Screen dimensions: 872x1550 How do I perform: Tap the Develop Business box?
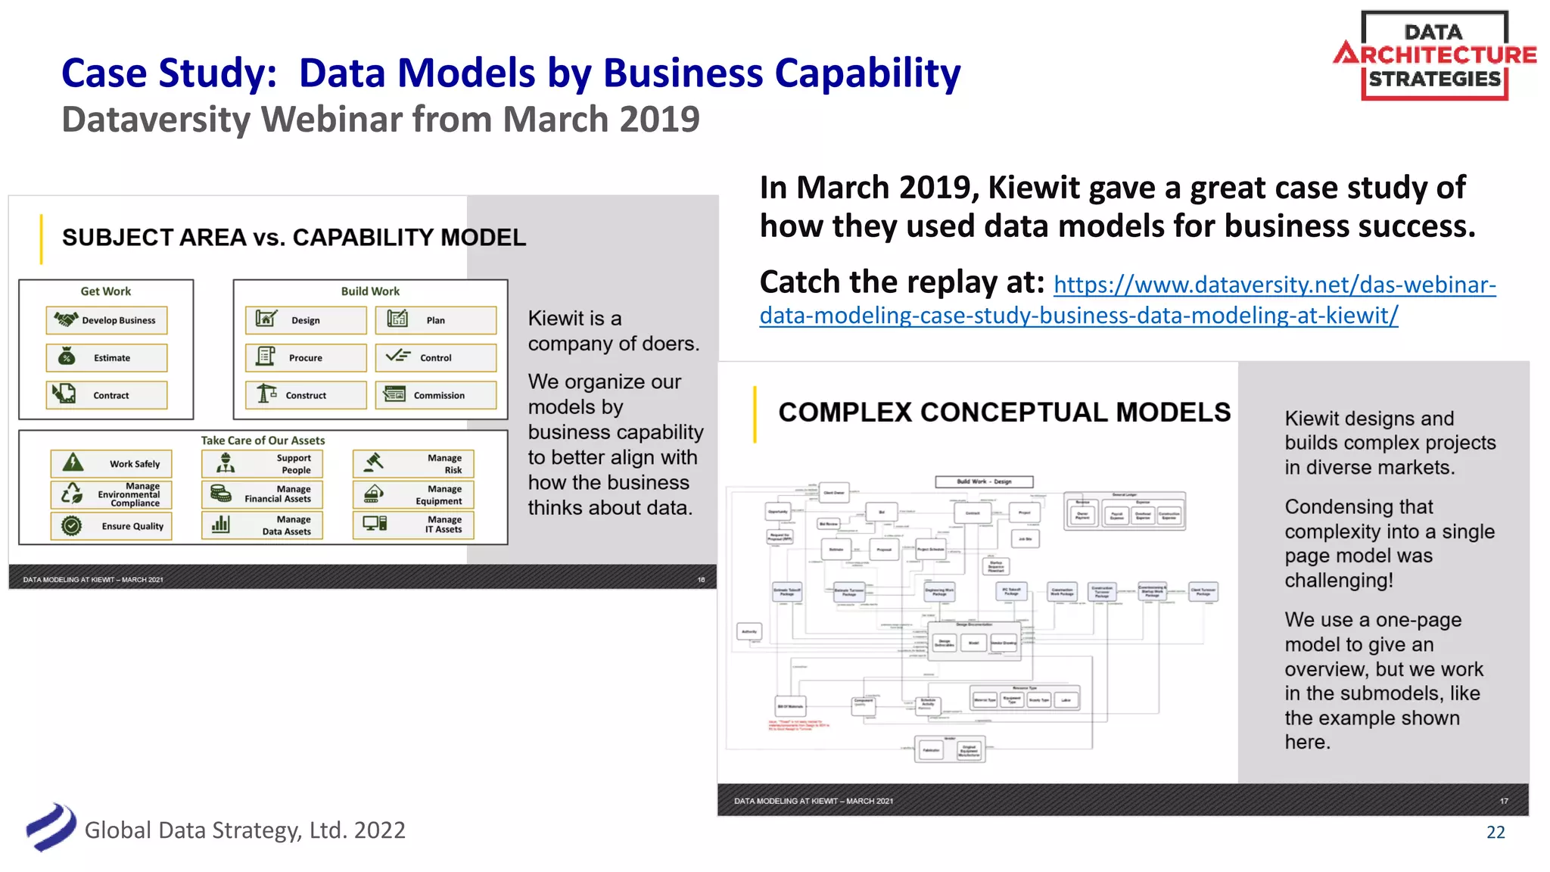pos(107,320)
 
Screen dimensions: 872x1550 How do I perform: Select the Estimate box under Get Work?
pos(107,358)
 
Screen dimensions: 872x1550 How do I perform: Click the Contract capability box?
pos(107,395)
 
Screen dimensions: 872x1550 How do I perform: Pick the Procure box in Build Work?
pos(306,358)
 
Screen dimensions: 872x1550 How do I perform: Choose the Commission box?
pos(436,395)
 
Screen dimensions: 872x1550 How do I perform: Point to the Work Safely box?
pos(111,464)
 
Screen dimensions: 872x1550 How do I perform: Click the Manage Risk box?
pos(413,464)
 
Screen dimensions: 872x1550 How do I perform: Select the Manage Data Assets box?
pos(262,525)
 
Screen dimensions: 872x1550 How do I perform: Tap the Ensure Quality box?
pos(111,526)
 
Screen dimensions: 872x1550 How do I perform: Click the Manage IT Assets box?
pos(413,525)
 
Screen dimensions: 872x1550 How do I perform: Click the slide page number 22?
pos(1496,833)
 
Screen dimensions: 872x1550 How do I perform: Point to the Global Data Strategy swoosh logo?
pos(51,827)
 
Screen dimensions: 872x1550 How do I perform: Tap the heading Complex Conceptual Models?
pos(1004,413)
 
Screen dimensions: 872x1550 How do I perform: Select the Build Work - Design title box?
pos(984,481)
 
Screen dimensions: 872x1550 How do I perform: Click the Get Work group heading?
pos(106,291)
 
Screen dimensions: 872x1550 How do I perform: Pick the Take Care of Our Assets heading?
pos(263,441)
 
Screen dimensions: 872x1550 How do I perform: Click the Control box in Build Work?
pos(436,358)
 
